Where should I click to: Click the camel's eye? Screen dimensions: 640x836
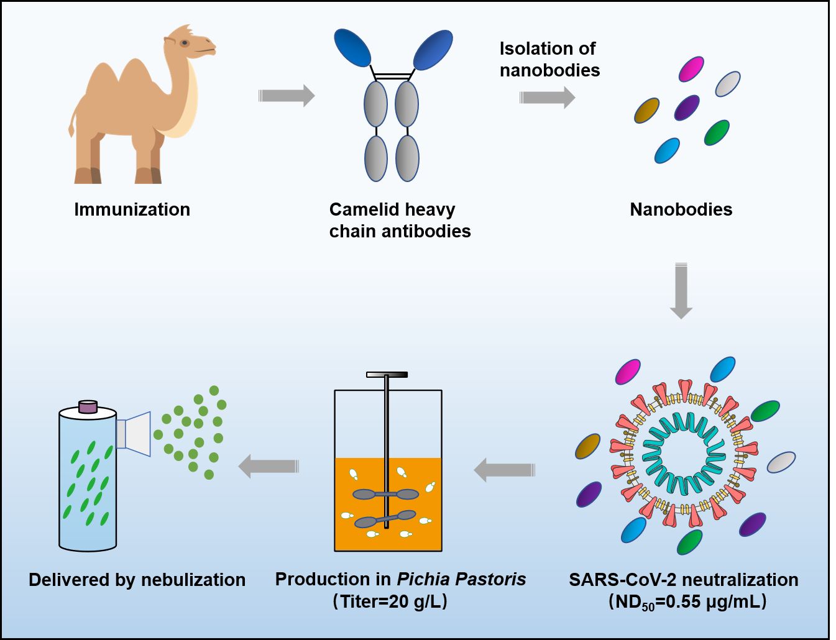point(185,43)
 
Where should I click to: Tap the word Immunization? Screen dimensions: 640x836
point(132,209)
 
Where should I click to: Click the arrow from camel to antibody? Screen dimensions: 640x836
point(287,96)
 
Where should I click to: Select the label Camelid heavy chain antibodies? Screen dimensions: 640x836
point(399,220)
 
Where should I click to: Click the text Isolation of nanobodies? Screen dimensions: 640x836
point(549,59)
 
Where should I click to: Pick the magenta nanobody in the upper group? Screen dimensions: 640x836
point(691,69)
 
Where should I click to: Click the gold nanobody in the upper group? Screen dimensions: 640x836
point(646,111)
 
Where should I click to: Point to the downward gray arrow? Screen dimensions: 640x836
point(681,291)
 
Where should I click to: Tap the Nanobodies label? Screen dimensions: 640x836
point(681,209)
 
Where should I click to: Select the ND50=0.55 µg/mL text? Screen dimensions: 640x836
point(687,601)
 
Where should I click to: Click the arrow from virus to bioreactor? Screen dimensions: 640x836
point(504,470)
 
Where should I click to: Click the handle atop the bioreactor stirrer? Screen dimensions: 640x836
point(387,375)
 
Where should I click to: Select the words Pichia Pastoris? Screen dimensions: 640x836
point(461,579)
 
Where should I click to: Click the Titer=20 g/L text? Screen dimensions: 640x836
point(390,601)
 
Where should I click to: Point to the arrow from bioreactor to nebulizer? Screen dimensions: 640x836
point(269,466)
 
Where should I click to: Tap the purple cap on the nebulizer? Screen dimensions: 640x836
point(88,407)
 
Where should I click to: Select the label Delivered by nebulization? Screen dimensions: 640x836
point(137,580)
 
